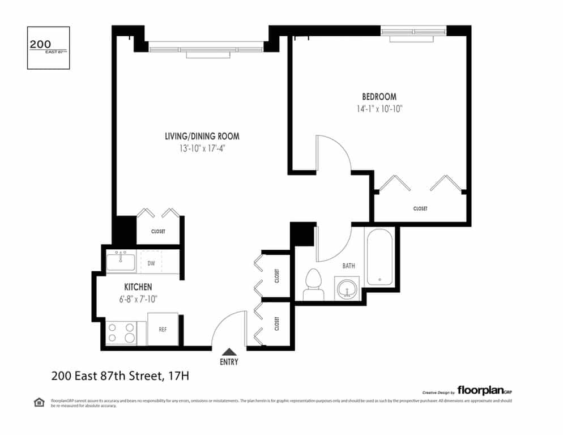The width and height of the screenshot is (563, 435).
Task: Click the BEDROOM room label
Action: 379,97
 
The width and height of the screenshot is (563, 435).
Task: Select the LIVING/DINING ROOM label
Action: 202,137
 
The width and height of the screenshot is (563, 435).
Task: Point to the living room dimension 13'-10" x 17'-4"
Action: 202,149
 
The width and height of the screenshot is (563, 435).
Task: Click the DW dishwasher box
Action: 151,263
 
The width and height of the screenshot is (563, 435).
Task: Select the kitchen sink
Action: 121,262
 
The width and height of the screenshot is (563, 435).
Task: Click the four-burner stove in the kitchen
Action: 122,332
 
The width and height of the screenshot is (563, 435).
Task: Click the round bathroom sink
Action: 346,287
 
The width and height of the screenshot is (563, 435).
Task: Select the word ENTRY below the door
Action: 229,362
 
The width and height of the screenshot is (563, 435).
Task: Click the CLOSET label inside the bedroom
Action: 420,209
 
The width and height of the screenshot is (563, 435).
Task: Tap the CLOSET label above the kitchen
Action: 158,232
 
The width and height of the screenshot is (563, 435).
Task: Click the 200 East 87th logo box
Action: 49,48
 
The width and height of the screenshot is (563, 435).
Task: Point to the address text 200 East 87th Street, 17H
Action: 123,375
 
